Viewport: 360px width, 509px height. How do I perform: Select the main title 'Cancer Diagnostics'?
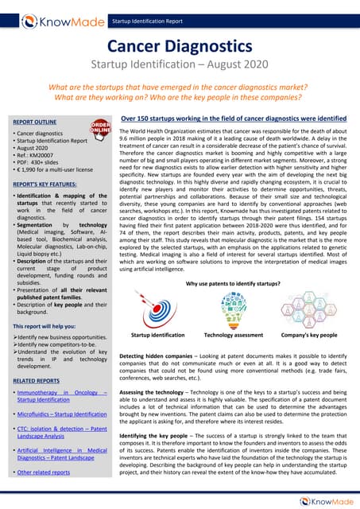click(x=180, y=49)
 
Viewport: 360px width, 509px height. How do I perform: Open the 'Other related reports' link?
click(x=49, y=472)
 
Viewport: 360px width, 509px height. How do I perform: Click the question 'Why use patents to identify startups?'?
click(x=234, y=283)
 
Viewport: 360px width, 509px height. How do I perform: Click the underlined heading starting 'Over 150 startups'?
click(x=233, y=118)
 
